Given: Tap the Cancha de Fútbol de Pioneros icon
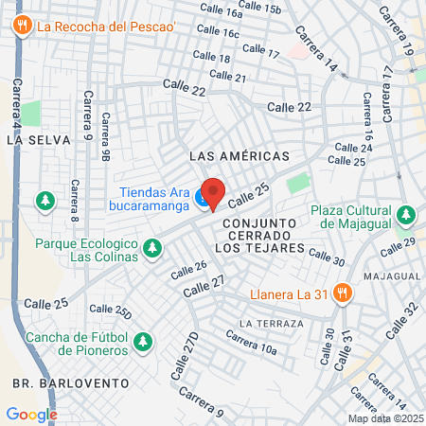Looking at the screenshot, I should pos(142,340).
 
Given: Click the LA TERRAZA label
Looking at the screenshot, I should pos(272,324).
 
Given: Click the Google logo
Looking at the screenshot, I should pos(31,414).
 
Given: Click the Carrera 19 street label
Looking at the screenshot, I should pos(394,29).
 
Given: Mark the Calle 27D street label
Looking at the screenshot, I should pos(186,356).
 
